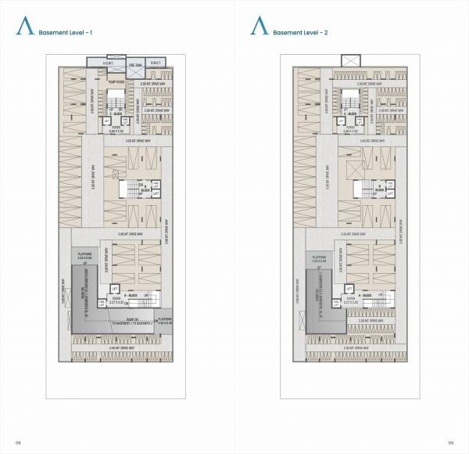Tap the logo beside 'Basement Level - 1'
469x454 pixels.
click(23, 28)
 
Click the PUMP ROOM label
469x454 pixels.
click(119, 78)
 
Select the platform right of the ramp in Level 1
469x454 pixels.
click(165, 321)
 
